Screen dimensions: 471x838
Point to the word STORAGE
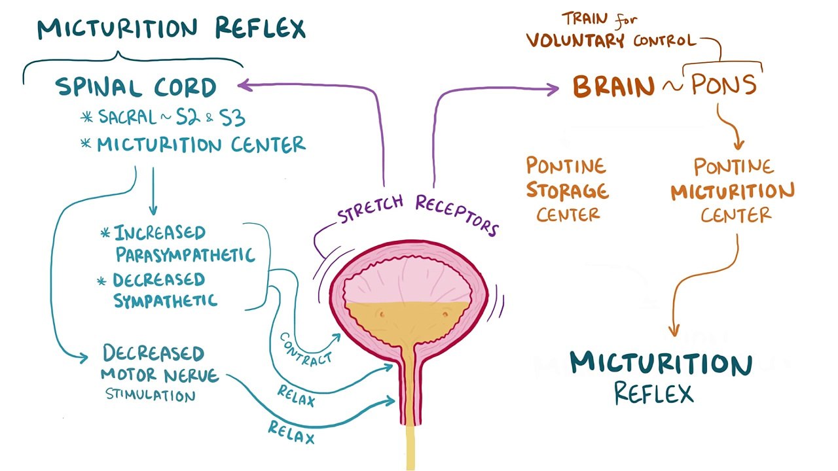[x=567, y=192]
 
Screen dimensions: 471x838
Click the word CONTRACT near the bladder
[x=306, y=348]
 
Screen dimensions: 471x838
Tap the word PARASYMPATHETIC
[x=185, y=254]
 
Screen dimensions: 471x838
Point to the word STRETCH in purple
[x=371, y=208]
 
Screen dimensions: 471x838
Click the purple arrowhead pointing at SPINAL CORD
[x=244, y=84]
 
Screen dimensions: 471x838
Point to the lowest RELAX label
[x=291, y=432]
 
